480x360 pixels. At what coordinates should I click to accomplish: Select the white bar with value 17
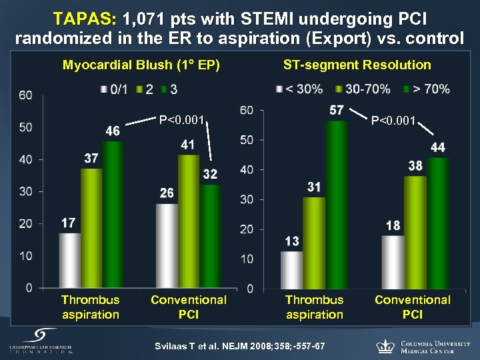pos(69,260)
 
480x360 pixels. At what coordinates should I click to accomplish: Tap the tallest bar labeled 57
pos(337,203)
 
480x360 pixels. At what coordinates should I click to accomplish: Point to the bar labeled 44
pos(437,223)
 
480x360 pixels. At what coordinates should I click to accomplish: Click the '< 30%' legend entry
pos(303,89)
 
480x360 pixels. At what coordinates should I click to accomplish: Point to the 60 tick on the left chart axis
pos(25,95)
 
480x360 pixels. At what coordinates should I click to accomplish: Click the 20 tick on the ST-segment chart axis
pos(247,229)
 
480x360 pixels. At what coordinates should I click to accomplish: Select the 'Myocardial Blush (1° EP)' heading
pos(141,65)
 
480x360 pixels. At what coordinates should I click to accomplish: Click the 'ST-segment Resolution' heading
pos(357,65)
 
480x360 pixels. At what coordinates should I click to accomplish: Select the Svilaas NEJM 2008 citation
pos(240,346)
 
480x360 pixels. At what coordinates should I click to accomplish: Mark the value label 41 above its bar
pos(188,145)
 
